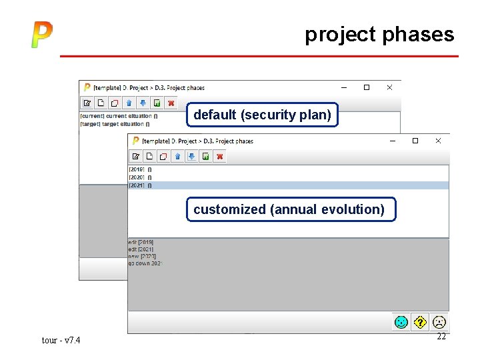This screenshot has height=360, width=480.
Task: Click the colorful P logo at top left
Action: [41, 35]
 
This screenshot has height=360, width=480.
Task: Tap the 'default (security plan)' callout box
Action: [262, 115]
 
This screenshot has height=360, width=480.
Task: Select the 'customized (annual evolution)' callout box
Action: [289, 209]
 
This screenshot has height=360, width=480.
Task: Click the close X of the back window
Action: [389, 87]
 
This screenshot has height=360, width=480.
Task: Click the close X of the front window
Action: [438, 141]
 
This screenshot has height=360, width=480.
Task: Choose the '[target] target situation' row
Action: [114, 124]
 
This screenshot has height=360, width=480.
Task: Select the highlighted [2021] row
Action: [140, 185]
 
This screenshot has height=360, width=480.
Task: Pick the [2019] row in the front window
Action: [140, 169]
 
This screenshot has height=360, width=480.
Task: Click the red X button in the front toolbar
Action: [220, 157]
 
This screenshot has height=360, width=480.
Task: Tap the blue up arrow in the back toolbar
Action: [129, 103]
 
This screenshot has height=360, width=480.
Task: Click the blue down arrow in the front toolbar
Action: [191, 157]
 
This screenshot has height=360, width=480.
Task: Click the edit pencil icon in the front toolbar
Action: [136, 157]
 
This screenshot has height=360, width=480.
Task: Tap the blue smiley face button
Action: [401, 322]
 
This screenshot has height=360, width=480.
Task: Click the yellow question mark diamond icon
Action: [420, 322]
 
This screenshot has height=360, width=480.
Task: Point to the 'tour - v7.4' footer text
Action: [61, 341]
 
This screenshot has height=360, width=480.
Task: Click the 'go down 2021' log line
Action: [145, 263]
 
